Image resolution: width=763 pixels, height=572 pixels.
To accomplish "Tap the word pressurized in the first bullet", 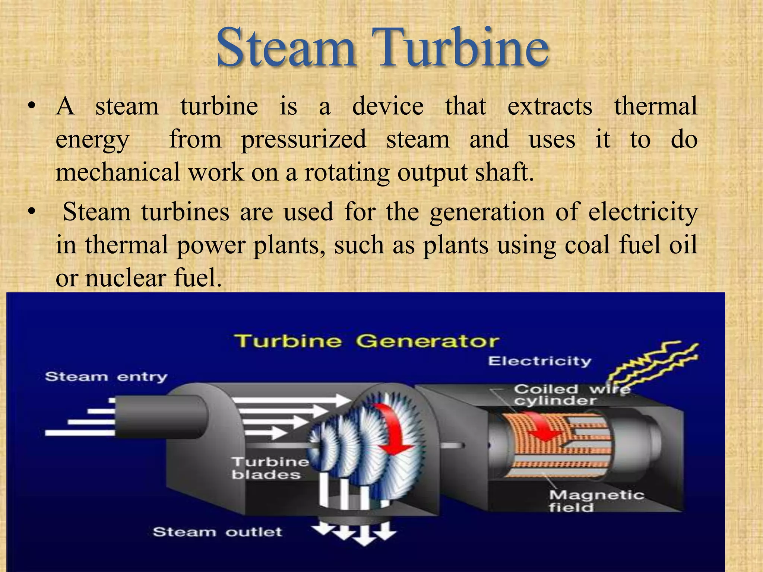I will tap(304, 139).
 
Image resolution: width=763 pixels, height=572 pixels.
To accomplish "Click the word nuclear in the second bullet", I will tap(125, 278).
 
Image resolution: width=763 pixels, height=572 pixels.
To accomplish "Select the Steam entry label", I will tap(106, 376).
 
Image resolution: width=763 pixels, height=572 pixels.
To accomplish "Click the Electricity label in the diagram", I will tap(539, 361).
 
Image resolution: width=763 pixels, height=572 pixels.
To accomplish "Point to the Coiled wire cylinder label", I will tap(570, 395).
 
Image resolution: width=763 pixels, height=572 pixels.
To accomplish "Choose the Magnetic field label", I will tap(596, 501).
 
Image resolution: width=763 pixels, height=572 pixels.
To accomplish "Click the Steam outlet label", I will tap(217, 531).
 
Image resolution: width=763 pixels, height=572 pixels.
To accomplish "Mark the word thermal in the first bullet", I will tap(655, 106).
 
